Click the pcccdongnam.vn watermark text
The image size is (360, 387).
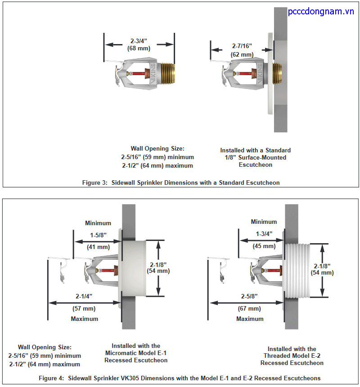321,12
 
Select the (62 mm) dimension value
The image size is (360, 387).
242,54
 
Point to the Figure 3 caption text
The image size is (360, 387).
181,182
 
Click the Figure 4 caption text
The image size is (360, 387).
195,378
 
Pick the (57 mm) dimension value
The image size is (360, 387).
84,309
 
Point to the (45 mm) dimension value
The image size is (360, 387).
264,246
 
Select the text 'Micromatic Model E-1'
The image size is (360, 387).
136,353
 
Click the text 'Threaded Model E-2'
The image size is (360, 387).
292,356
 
